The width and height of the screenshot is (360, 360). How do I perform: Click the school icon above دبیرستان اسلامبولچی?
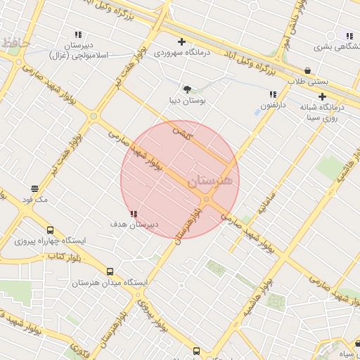point(78,34)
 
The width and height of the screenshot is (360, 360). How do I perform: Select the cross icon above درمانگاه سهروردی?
point(181,42)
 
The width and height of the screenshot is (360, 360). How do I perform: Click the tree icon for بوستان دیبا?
point(187,89)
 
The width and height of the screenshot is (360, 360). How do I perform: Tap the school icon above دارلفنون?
point(273,95)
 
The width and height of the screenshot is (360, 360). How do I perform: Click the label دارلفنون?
point(274,105)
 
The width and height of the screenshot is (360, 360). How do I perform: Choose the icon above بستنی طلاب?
point(309,70)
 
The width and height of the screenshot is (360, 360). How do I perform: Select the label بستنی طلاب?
point(307,81)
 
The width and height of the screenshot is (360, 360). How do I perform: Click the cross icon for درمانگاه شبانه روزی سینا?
point(323,96)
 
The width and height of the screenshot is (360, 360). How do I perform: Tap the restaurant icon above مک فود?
point(35,188)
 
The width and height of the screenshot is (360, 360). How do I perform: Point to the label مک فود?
point(34,200)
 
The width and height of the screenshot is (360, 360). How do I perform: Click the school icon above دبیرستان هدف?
point(134,214)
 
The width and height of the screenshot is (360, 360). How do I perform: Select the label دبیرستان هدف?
point(134,224)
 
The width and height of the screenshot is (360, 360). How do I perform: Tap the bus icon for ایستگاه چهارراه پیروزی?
point(50,230)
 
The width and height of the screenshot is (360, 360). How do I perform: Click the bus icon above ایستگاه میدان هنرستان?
point(110,271)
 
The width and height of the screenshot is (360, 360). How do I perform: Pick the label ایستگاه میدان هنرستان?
point(110,283)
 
